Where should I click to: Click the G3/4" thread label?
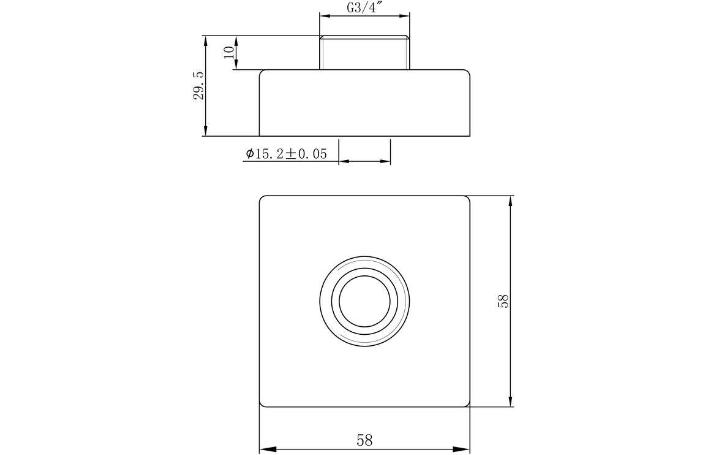tap(364, 9)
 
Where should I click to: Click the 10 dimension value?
tap(229, 52)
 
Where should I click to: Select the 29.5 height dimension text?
tap(199, 85)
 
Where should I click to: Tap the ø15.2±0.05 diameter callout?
tap(285, 154)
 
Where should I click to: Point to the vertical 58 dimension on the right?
tap(503, 300)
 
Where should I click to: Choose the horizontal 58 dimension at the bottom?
tap(364, 440)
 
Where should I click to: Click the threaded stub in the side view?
tap(364, 53)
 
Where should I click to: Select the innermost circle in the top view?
tap(364, 300)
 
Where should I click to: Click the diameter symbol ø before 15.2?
tap(249, 154)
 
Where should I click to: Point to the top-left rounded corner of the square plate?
tap(262, 198)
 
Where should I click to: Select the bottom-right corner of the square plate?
tap(467, 404)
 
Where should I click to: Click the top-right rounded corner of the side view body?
tap(468, 72)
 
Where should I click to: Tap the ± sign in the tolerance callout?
tap(292, 154)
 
